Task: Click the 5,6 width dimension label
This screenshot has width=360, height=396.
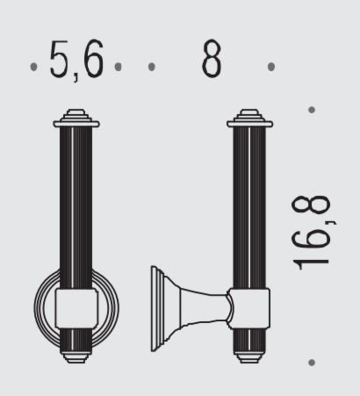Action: [x=77, y=60]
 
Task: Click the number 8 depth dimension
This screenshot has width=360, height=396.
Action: [x=212, y=58]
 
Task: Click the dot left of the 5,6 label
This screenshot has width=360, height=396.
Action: [x=34, y=67]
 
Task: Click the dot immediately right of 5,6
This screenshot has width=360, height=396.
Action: [x=118, y=67]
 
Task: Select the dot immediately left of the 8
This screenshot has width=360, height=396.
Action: [x=152, y=67]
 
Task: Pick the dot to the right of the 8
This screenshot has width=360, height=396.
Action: [x=271, y=67]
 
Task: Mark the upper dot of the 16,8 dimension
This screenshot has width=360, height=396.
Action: [x=312, y=110]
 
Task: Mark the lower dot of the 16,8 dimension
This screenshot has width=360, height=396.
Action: [x=312, y=363]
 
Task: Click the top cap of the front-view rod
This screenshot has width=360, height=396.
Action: [x=76, y=118]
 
